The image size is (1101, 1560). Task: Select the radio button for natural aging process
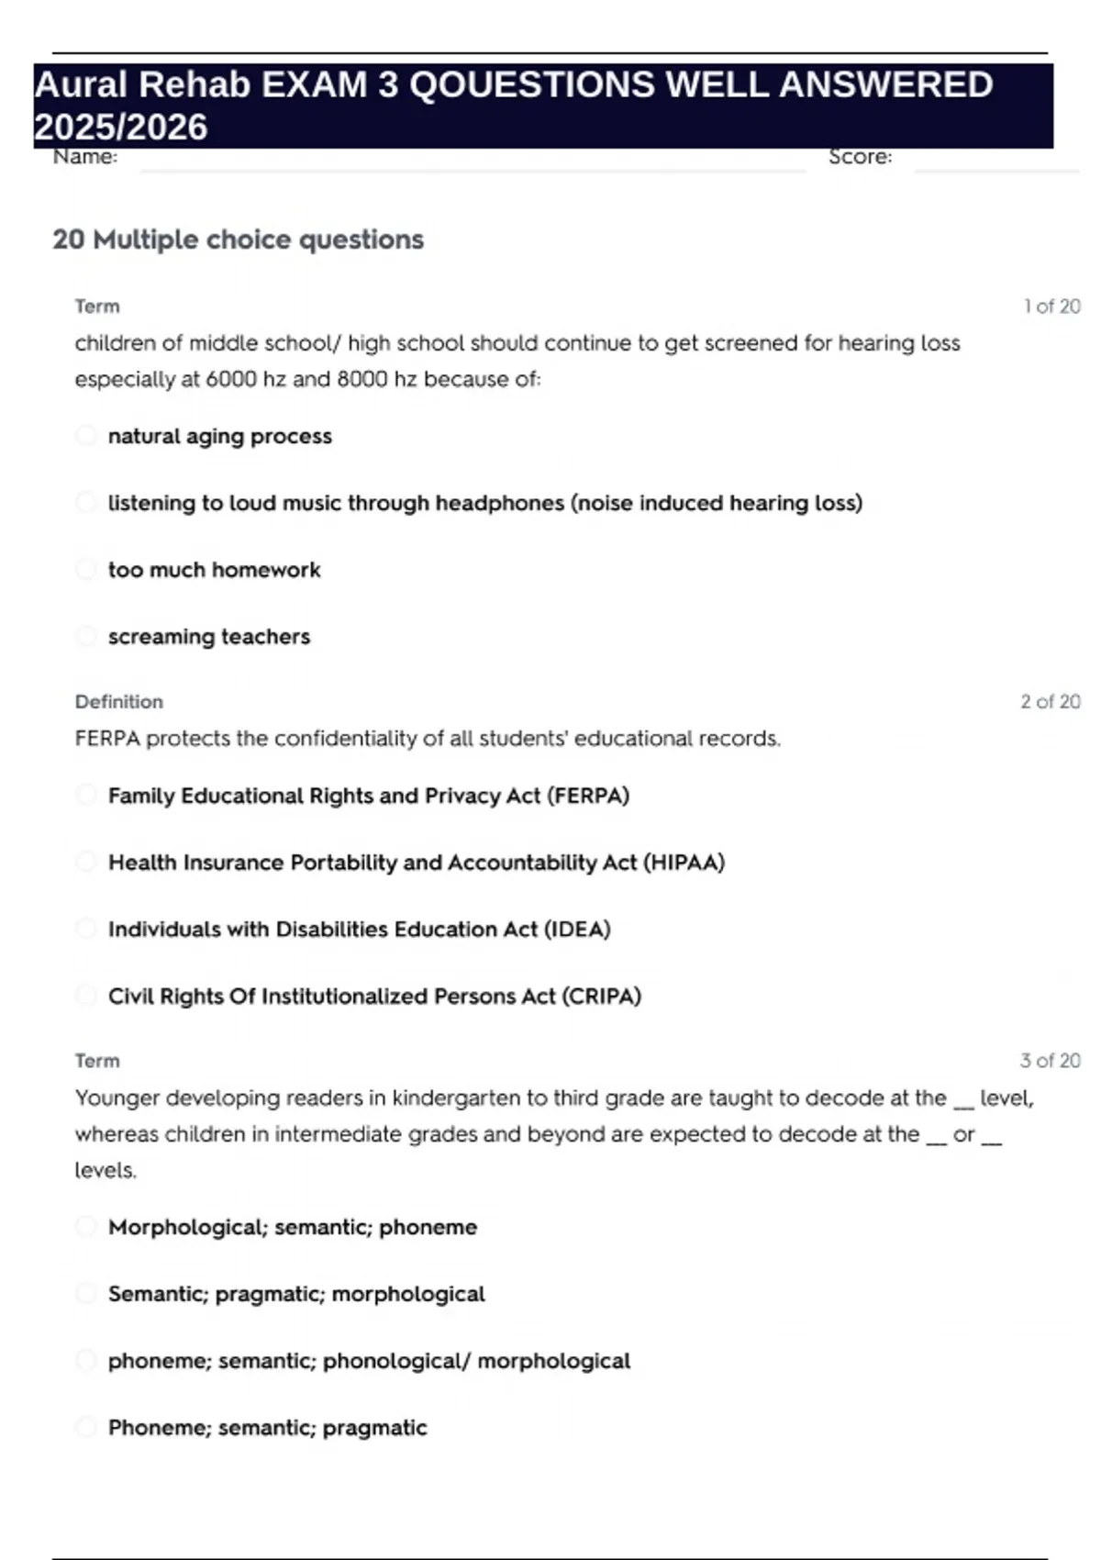[x=85, y=435]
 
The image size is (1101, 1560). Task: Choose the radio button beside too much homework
[x=85, y=569]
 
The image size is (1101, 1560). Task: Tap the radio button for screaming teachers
[x=85, y=636]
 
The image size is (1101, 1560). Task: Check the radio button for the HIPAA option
[x=85, y=862]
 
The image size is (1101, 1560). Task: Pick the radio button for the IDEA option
[x=85, y=929]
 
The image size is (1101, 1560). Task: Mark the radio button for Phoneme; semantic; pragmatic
[x=85, y=1427]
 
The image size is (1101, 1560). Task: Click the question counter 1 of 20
[x=1051, y=306]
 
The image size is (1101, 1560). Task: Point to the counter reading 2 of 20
[x=1050, y=702]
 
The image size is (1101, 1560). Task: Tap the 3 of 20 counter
[x=1050, y=1061]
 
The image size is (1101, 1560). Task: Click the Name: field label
[x=85, y=157]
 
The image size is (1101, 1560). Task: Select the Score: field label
[x=860, y=157]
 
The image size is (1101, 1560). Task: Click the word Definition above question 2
[x=119, y=702]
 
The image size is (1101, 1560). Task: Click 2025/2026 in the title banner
[x=121, y=128]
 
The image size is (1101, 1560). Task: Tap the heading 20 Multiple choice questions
[x=239, y=240]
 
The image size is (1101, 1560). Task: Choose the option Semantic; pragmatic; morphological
[x=296, y=1294]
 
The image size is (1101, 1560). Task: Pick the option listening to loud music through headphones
[x=484, y=503]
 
